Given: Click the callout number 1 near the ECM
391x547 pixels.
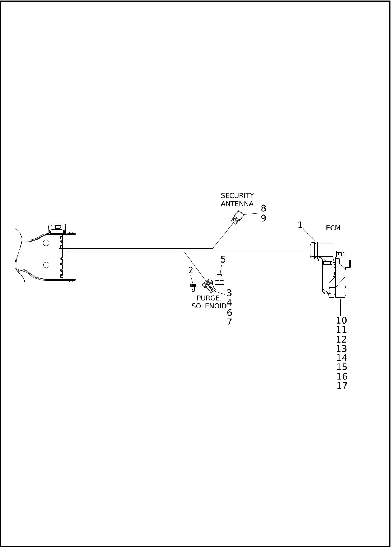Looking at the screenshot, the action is coord(300,225).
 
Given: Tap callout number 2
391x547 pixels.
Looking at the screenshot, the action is coord(191,270).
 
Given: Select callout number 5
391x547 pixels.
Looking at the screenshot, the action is coord(223,259).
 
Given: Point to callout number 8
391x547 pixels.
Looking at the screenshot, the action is coord(263,208).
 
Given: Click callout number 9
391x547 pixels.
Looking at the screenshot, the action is coord(263,218).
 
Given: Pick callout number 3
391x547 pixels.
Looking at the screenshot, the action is coord(229,293).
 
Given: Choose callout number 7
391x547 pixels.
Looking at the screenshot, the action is coord(229,322).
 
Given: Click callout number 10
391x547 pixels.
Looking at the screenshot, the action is coord(342,320).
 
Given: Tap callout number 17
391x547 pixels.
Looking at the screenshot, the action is coord(342,386).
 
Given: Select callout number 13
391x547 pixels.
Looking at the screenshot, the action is coord(342,349).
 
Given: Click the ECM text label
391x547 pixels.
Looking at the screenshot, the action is coord(333,228).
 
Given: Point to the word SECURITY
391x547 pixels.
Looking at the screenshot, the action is coord(237,195).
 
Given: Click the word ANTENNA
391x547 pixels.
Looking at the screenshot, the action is coord(237,204).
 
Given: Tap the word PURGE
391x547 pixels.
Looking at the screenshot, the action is coord(208,298).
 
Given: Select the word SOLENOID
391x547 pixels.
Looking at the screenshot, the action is coord(209,306).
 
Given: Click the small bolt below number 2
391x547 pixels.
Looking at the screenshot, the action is coord(193,288).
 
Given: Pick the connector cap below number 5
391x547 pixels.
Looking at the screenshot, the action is coord(220,280).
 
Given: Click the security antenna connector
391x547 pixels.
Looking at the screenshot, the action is coord(238,217).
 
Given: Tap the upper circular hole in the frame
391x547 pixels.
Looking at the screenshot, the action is coord(46,243).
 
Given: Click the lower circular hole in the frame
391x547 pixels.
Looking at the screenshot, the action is coord(46,265).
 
